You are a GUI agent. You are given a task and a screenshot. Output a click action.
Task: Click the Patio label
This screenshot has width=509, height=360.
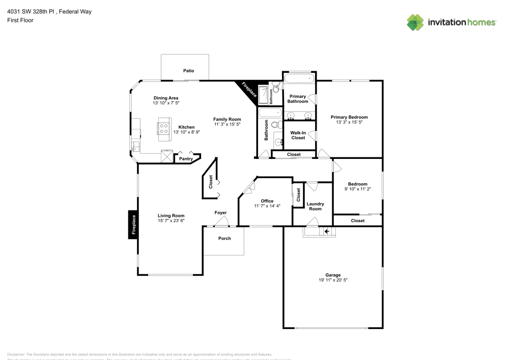[188, 71]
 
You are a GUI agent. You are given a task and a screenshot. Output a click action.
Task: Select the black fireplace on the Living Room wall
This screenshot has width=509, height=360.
[133, 225]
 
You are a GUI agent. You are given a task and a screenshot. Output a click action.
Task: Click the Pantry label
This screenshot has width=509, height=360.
[186, 159]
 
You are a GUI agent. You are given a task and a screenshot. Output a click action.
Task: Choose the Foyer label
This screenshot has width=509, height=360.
[220, 212]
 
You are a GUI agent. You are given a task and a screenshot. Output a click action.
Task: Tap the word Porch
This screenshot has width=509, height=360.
[224, 238]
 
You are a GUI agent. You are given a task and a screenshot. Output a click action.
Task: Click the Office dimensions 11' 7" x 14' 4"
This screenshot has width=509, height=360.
[267, 206]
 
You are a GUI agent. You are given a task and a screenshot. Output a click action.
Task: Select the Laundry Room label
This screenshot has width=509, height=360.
[315, 206]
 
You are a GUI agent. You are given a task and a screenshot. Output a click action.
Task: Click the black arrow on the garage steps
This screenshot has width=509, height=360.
[327, 232]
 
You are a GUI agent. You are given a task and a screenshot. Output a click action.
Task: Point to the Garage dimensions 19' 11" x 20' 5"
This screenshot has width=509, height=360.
[333, 280]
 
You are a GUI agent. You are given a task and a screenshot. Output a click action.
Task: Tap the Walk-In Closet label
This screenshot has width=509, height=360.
[298, 135]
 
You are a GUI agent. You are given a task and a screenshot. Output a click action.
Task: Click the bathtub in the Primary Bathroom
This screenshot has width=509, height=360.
[299, 78]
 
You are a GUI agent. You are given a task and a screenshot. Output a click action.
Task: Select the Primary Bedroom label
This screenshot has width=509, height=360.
[349, 117]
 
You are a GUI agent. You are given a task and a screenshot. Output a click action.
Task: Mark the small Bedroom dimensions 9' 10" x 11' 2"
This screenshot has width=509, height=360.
[357, 189]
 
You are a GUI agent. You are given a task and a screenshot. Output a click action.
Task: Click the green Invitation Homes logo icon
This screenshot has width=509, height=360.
[415, 22]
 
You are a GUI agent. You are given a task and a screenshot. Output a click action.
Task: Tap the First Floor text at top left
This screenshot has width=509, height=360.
[20, 20]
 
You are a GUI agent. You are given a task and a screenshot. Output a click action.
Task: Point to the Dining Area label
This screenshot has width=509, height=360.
[166, 98]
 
